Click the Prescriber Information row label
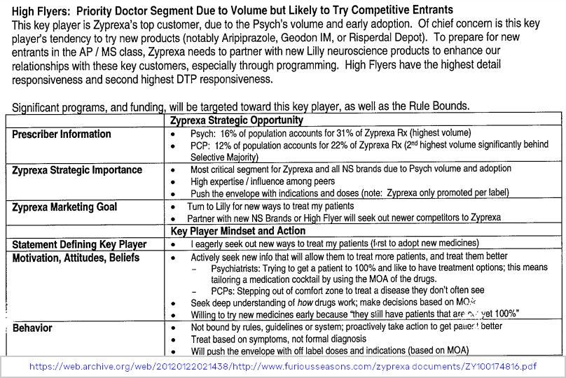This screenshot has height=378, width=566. pyautogui.click(x=62, y=134)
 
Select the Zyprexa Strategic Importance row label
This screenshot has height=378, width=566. pyautogui.click(x=77, y=170)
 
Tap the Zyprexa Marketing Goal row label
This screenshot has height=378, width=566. pyautogui.click(x=64, y=207)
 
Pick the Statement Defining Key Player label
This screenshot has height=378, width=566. pyautogui.click(x=79, y=244)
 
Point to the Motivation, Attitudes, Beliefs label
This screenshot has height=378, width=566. pyautogui.click(x=76, y=258)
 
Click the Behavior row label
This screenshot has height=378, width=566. pyautogui.click(x=34, y=328)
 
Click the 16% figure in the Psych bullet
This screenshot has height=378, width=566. pyautogui.click(x=228, y=132)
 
